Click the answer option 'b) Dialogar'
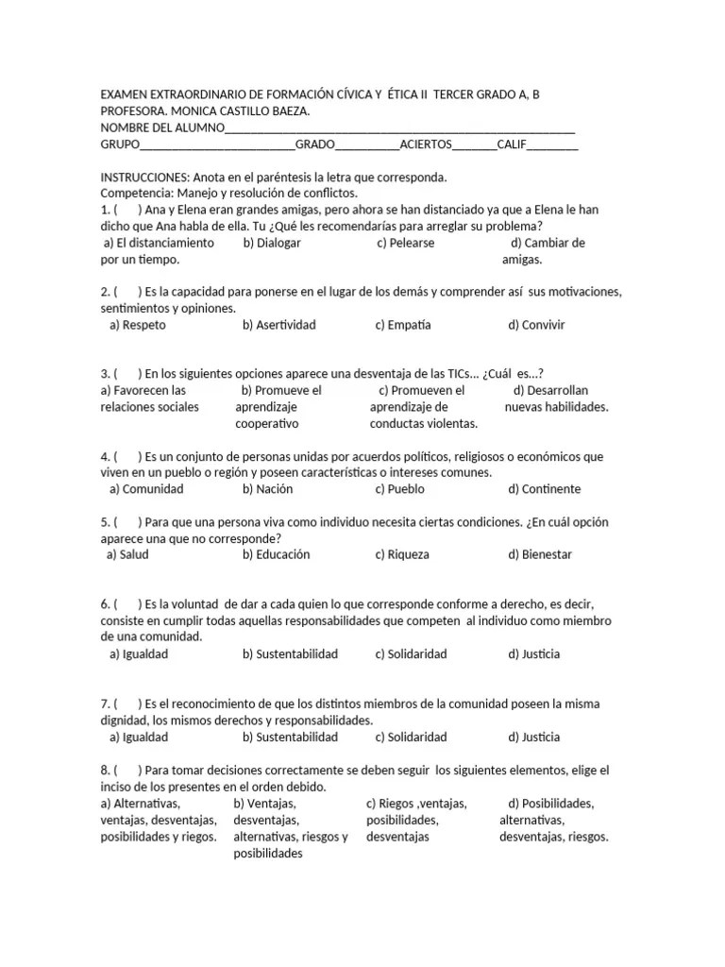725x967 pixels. pos(275,243)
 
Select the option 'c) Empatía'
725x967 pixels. pos(402,325)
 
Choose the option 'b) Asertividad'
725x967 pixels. pos(278,325)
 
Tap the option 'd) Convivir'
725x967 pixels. pos(536,325)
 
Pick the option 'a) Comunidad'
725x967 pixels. pos(146,489)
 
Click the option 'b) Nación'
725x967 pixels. pos(267,489)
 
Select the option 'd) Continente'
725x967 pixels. pos(544,489)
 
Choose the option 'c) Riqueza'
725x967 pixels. pos(401,554)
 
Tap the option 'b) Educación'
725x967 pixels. pos(276,554)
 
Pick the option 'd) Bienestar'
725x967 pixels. pos(540,554)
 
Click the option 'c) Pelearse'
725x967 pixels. pos(406,243)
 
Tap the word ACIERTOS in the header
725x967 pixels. pos(426,144)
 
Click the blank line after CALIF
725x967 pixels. pos(552,144)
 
